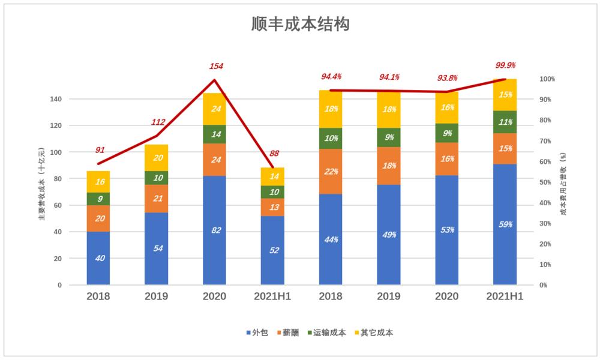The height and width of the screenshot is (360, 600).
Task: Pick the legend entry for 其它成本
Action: click(376, 332)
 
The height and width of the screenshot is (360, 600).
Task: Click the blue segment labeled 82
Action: click(214, 230)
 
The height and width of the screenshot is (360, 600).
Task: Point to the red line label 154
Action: click(216, 66)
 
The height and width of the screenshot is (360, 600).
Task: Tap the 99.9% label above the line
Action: click(505, 65)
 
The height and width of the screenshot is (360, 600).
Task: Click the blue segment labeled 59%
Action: click(505, 224)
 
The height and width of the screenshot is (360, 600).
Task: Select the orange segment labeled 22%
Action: click(331, 172)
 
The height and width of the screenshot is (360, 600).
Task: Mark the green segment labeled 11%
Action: click(505, 122)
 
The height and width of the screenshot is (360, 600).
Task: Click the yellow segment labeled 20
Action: click(156, 158)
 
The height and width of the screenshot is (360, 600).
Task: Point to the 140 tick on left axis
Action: click(56, 99)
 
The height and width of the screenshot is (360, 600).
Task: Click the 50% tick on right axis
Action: click(546, 182)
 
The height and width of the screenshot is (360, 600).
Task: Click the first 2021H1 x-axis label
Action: click(272, 296)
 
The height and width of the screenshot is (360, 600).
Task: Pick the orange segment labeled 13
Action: click(272, 208)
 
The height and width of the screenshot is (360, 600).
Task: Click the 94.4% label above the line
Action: click(331, 77)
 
